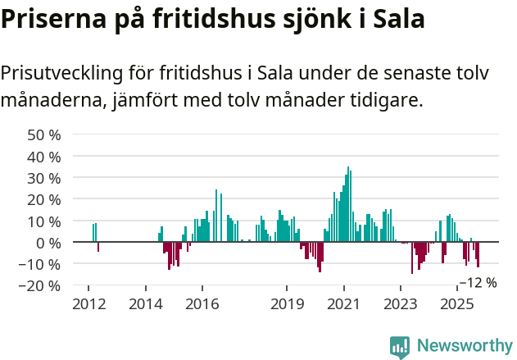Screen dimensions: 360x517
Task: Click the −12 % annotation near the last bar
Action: (x=478, y=283)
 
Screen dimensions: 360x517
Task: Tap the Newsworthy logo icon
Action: (x=400, y=346)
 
